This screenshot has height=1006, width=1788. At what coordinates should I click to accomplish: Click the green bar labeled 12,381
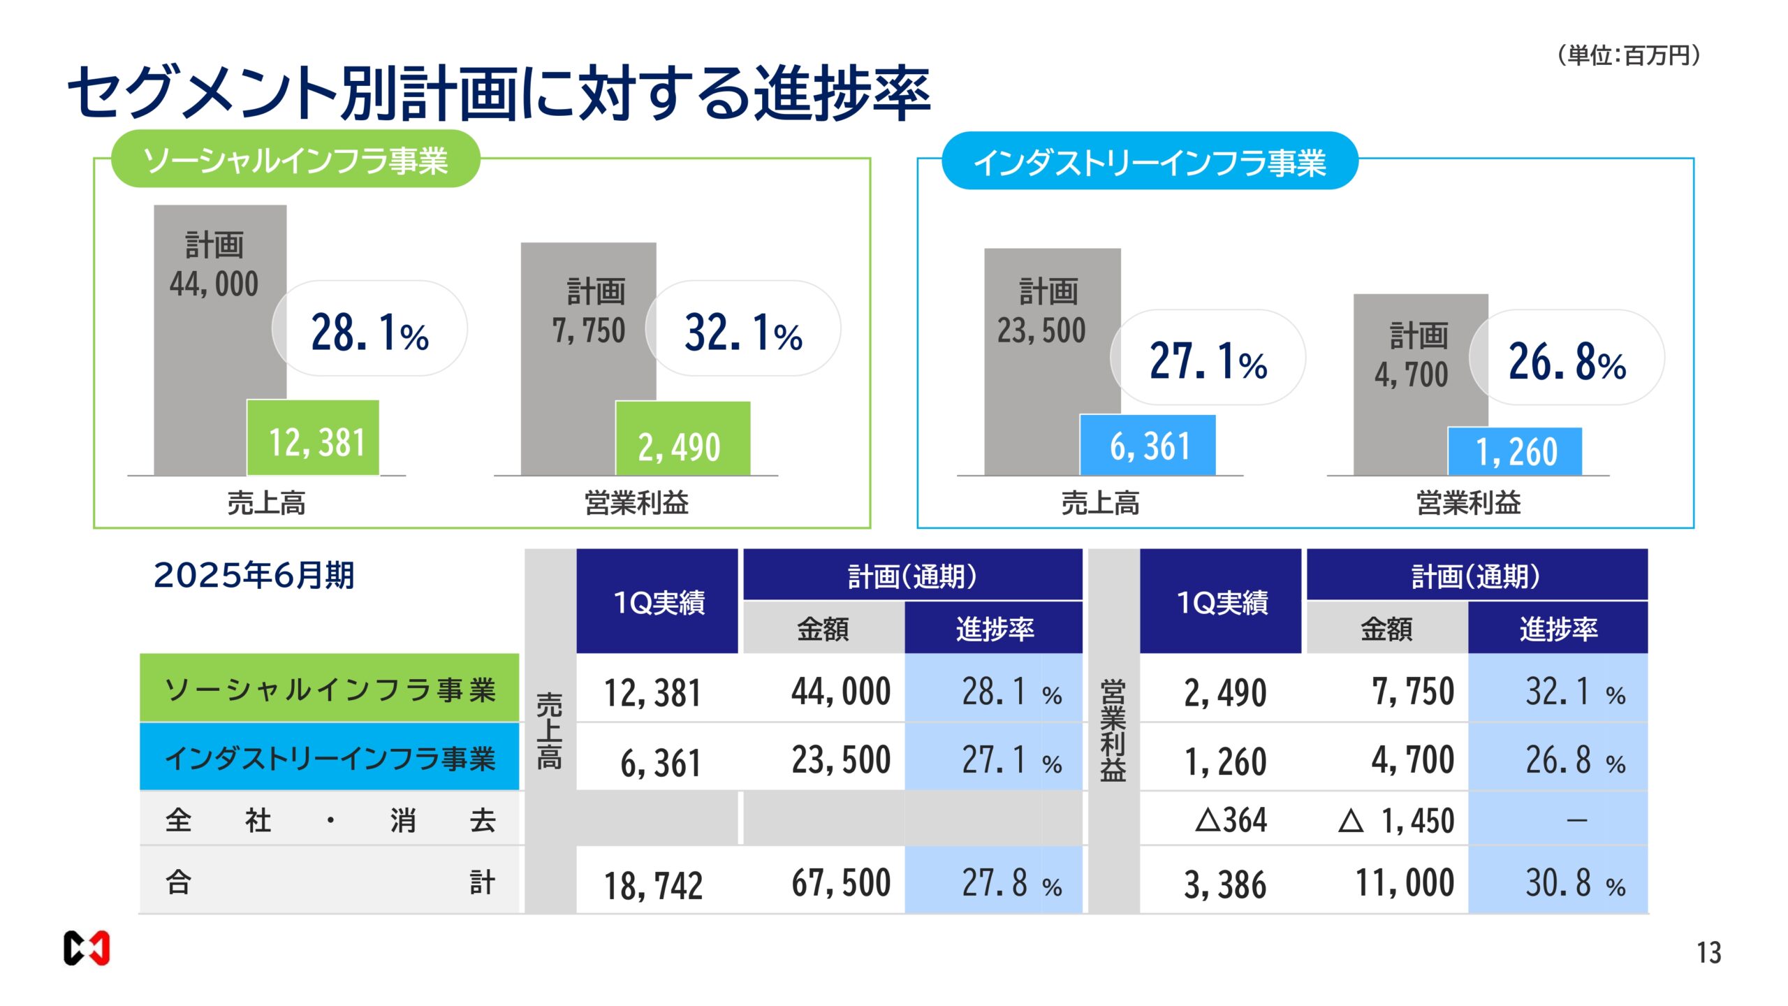coord(314,439)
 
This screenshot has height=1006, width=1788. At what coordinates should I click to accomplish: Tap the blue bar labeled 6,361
coord(1148,446)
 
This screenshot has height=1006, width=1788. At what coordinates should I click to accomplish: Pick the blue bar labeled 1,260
coord(1514,452)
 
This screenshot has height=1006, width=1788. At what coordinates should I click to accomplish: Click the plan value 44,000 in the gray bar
coord(214,284)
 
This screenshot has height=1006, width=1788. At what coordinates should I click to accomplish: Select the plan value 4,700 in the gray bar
coord(1412,374)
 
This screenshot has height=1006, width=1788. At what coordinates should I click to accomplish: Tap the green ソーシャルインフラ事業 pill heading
coord(295,159)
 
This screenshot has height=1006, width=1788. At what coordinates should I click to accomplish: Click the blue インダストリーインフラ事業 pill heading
coord(1149,162)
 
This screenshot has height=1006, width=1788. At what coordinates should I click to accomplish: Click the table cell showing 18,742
coord(654,884)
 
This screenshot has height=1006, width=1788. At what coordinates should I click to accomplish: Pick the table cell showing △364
coord(1231,819)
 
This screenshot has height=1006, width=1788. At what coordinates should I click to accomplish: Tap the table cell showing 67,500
coord(841,882)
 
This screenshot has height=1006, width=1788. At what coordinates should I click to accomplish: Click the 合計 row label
coord(330,881)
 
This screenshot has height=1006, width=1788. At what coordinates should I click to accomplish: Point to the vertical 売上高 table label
coord(550,730)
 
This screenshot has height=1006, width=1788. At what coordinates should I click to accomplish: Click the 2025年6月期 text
coord(254,576)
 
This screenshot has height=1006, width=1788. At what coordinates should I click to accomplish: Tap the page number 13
coord(1708,953)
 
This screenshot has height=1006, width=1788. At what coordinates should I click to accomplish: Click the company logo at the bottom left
coord(87,949)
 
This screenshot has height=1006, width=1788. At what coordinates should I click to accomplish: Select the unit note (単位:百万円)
coord(1628,54)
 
